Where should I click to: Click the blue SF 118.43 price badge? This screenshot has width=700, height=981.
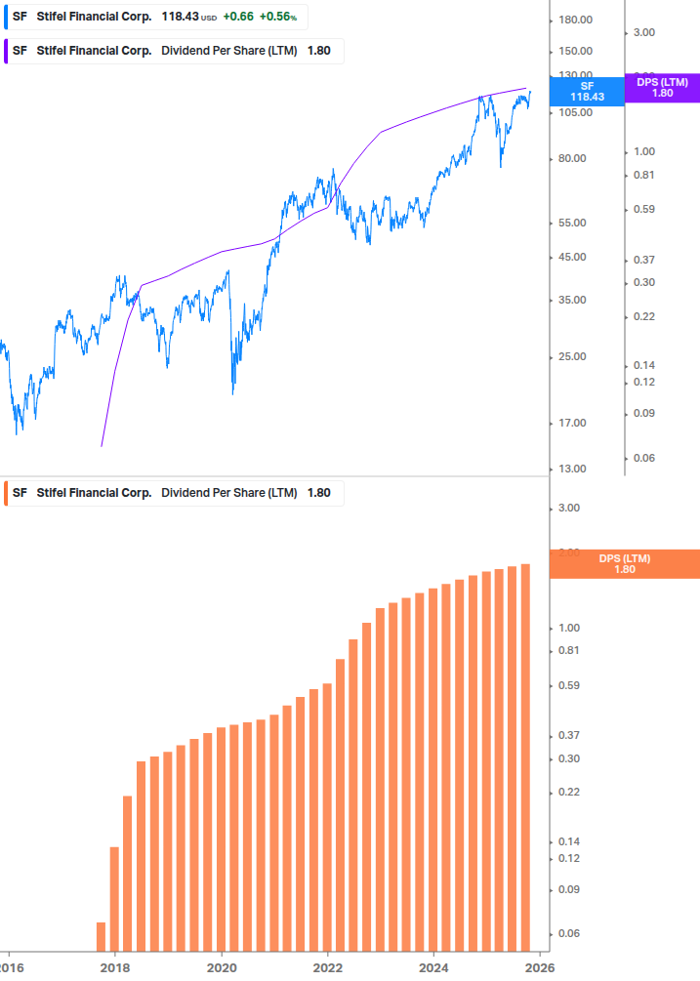[x=587, y=92]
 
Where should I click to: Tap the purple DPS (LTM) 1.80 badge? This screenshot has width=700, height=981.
[x=662, y=87]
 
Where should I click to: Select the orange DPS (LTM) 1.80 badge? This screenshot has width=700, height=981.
[x=625, y=563]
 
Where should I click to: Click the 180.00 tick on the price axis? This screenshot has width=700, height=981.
[x=576, y=20]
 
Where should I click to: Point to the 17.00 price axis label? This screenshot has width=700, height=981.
[x=572, y=423]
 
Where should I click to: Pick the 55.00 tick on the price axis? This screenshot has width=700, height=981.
[x=572, y=223]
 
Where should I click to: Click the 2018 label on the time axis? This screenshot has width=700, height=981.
[x=115, y=966]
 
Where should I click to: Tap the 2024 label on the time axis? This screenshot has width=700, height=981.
[x=433, y=966]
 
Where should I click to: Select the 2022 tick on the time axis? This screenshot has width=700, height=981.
[x=327, y=966]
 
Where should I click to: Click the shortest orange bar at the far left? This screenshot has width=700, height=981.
[x=101, y=936]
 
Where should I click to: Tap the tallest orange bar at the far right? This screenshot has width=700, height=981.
[x=525, y=756]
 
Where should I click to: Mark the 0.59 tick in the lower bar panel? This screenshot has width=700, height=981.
[x=568, y=685]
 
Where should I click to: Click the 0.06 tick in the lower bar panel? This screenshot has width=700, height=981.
[x=568, y=934]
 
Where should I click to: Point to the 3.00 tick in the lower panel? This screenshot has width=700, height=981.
[x=568, y=508]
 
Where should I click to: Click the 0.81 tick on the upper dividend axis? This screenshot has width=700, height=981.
[x=642, y=175]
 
